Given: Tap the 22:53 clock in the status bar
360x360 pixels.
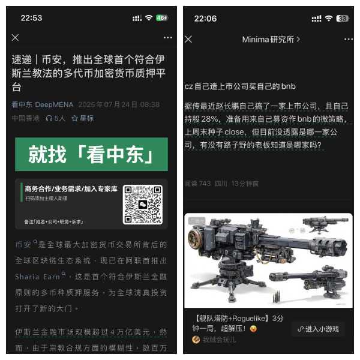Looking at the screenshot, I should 31,18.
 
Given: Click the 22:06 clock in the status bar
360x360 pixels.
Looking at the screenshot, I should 205,18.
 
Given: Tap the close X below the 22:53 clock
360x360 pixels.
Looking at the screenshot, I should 15,38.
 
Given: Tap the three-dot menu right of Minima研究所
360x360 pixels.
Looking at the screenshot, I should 349,39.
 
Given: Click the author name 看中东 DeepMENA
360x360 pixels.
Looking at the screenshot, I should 42,104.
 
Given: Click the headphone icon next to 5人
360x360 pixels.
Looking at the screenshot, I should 49,118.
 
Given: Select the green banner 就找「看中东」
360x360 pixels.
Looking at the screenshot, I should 91,154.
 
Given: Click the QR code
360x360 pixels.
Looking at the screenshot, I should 143,205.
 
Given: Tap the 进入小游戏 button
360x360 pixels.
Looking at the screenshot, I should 317,329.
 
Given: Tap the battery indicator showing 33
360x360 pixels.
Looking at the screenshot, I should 343,19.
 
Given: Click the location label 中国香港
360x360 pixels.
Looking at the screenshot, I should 25,118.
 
